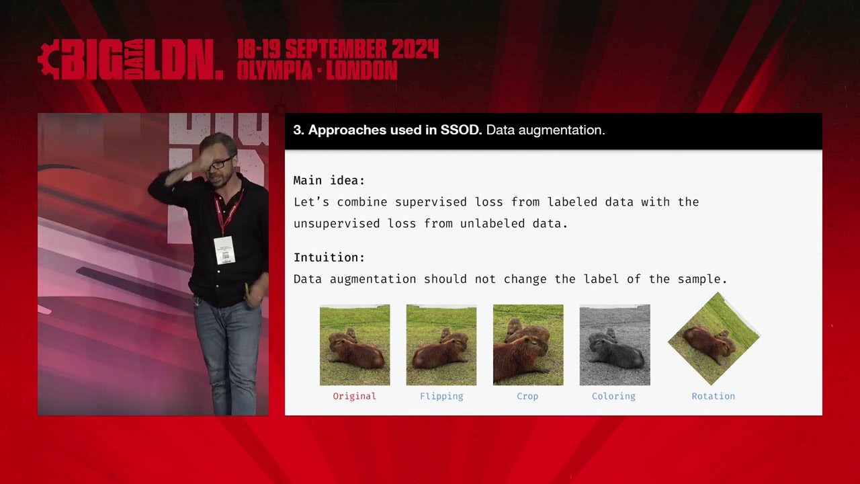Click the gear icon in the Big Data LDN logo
tap(48, 61)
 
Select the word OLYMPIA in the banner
tap(275, 70)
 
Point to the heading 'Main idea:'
tap(329, 180)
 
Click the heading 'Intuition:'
tap(329, 257)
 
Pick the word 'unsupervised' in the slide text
tap(337, 224)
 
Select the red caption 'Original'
tap(354, 396)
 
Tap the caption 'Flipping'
tap(441, 396)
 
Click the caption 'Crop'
tap(527, 396)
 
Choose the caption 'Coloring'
tap(613, 396)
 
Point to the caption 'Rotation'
tap(714, 396)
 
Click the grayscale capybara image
tap(615, 345)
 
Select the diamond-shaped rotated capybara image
tap(714, 339)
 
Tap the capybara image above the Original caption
tap(355, 345)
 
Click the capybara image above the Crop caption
tap(528, 345)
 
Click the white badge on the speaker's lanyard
tap(224, 250)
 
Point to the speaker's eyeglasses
tap(220, 163)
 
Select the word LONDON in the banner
tap(362, 70)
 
